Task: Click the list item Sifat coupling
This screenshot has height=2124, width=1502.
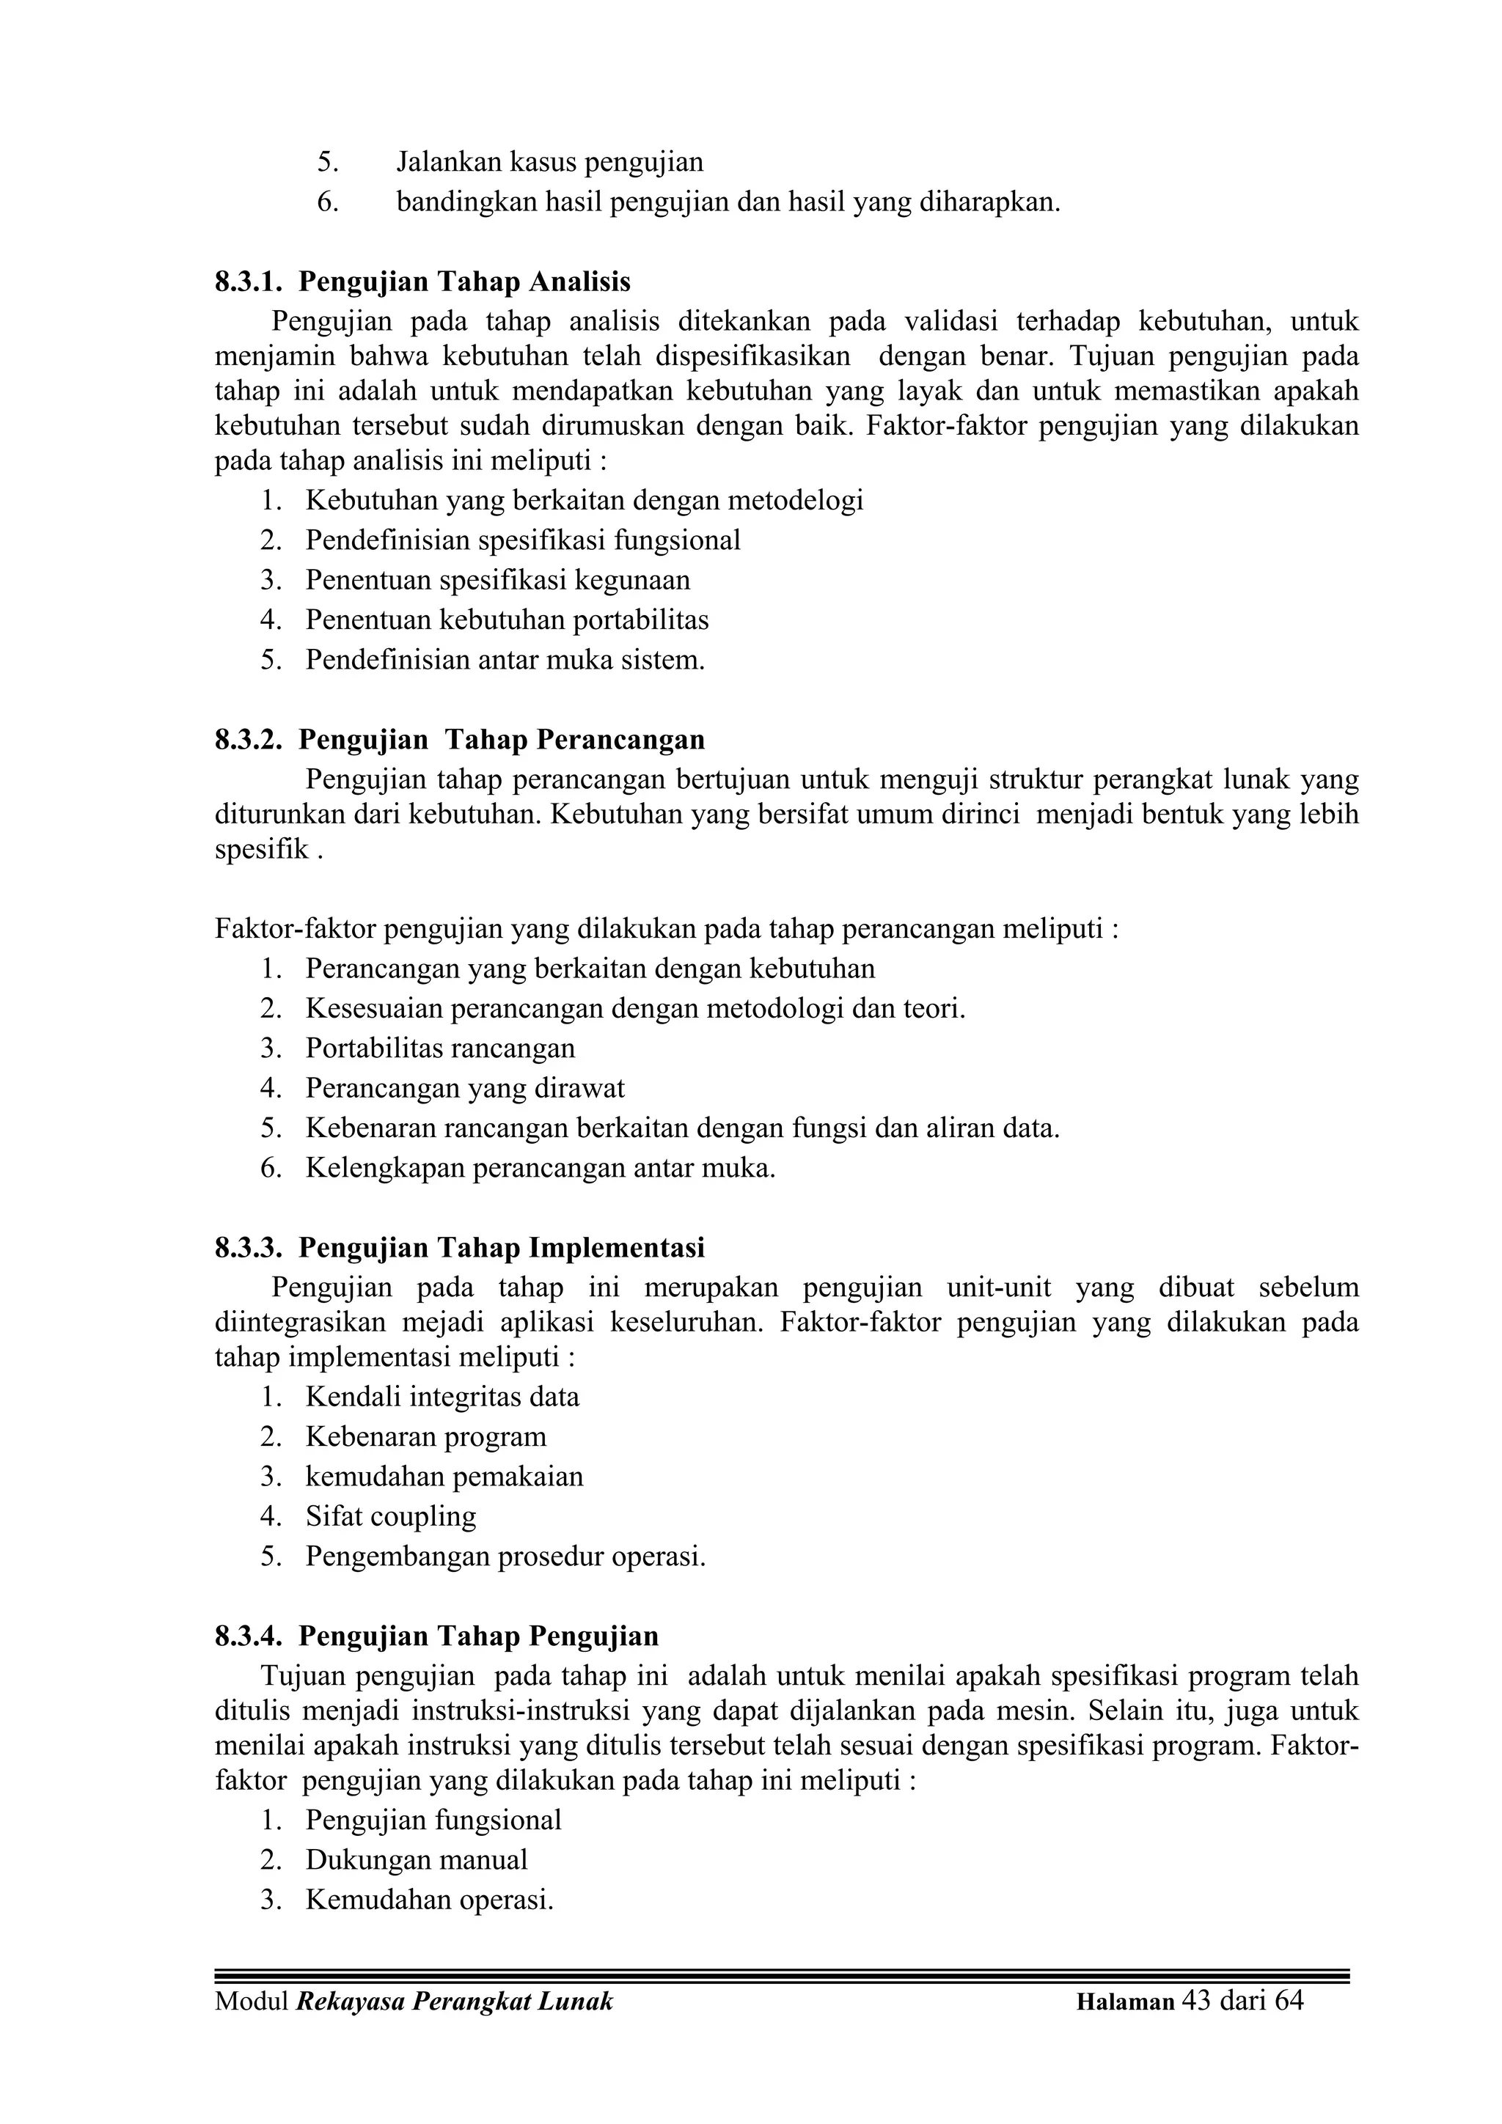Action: click(x=391, y=1516)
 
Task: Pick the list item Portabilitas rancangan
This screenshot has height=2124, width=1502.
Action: click(x=441, y=1048)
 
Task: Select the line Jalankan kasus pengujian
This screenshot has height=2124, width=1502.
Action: click(x=550, y=162)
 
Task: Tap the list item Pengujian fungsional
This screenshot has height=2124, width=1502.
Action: click(x=433, y=1820)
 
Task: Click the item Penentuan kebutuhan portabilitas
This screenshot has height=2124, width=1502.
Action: click(x=507, y=620)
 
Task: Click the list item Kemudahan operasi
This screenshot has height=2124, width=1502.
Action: click(x=430, y=1900)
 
